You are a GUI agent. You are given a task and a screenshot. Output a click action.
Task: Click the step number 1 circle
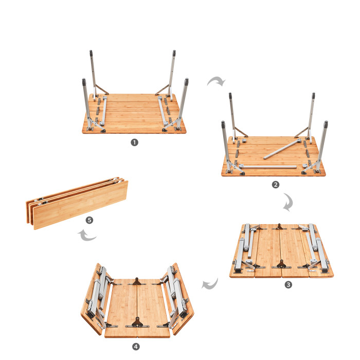point(135,142)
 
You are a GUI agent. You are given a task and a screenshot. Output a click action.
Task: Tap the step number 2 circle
point(276,185)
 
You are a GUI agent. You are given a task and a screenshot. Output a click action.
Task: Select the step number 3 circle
point(288,284)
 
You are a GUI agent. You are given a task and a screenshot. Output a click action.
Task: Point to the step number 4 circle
point(136,346)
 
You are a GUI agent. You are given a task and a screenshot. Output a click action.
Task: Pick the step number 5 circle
point(90,220)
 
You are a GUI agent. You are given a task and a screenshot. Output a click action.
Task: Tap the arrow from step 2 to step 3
point(289,203)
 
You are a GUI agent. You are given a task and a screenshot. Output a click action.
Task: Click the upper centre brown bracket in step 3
point(279,227)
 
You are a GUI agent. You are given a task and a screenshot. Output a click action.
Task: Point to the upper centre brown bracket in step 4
point(137,281)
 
